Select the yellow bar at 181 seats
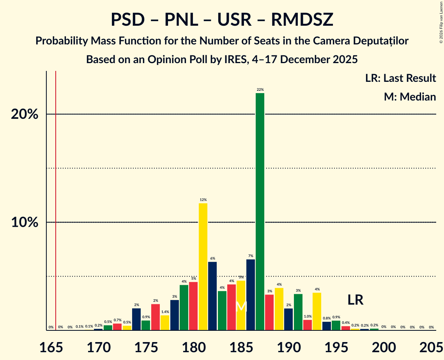point(203,266)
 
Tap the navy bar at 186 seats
point(251,295)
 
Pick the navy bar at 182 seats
point(212,296)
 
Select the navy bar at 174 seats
point(136,319)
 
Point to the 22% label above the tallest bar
point(260,90)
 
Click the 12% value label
point(203,200)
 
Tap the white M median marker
point(241,306)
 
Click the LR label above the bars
point(356,300)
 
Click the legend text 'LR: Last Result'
point(400,78)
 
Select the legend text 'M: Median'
point(410,97)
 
